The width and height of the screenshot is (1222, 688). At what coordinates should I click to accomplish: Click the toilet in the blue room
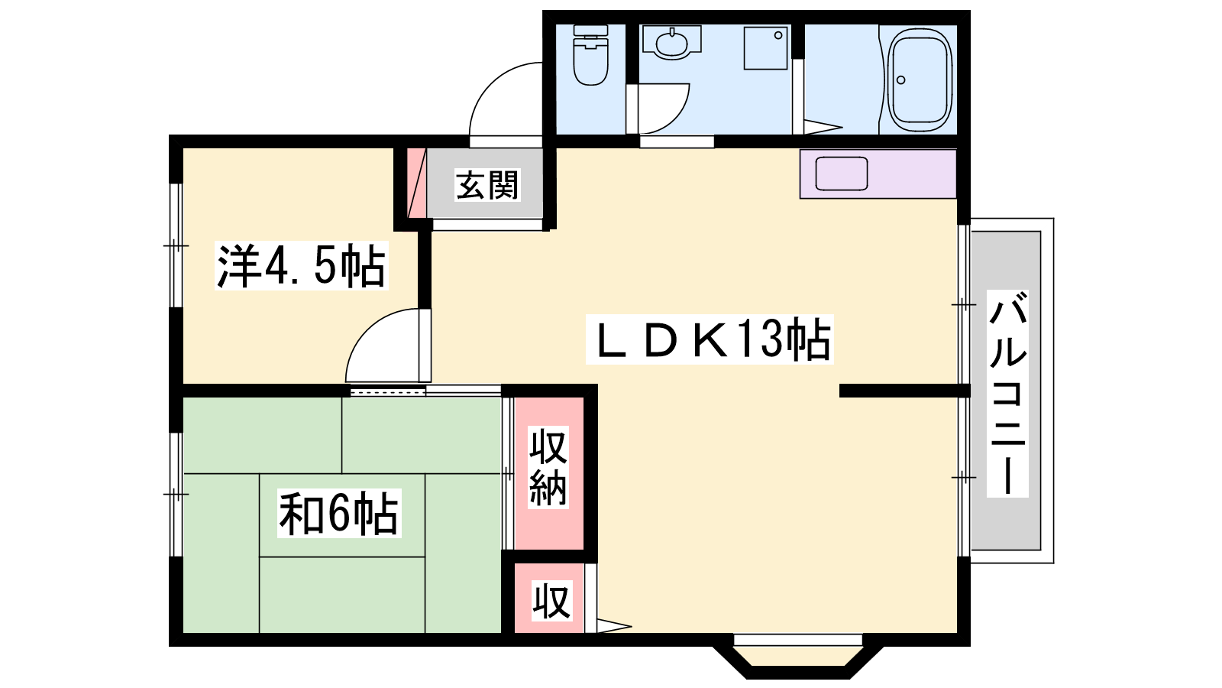click(x=591, y=54)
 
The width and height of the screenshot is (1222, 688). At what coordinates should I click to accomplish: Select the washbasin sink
click(x=671, y=42)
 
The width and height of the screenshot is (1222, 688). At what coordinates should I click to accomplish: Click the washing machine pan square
click(x=766, y=48)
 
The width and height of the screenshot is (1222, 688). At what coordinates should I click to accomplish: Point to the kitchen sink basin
click(x=841, y=173)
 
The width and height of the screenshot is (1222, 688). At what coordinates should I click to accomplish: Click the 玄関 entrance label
click(x=487, y=185)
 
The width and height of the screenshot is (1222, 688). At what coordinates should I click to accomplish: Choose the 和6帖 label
click(x=339, y=513)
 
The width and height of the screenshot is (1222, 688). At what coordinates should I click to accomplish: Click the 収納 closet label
click(x=548, y=467)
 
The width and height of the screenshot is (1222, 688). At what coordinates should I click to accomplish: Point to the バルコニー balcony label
click(x=1007, y=394)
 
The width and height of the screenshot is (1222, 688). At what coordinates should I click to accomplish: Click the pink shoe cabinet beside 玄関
click(x=416, y=183)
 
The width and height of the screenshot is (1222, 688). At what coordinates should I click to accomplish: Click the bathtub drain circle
click(x=900, y=80)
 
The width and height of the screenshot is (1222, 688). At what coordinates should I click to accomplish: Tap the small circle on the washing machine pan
click(x=778, y=35)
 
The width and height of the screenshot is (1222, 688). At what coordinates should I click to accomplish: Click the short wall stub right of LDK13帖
click(x=904, y=391)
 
